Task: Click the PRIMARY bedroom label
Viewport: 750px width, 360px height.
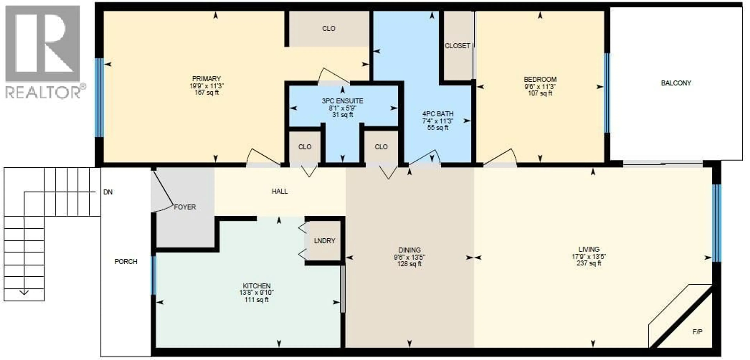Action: click(x=206, y=79)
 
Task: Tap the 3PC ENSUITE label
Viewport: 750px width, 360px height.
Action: click(x=342, y=101)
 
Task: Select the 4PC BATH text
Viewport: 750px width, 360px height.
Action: click(x=437, y=114)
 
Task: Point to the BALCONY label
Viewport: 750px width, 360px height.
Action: click(x=676, y=83)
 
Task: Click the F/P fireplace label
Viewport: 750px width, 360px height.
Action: click(x=697, y=332)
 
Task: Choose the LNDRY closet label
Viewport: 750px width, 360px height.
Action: click(x=324, y=241)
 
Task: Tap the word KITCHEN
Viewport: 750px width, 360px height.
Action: click(x=256, y=286)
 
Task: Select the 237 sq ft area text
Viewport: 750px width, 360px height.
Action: click(x=589, y=263)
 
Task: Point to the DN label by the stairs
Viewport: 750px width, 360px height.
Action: click(x=108, y=192)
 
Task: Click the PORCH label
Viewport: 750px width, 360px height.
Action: click(x=126, y=262)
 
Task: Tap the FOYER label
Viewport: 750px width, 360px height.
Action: click(x=185, y=207)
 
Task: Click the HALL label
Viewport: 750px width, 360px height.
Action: click(x=279, y=191)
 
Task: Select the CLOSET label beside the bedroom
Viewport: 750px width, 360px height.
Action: click(x=457, y=46)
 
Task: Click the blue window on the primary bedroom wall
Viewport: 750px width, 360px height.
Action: click(x=99, y=98)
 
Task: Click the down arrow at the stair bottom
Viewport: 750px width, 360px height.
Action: click(x=24, y=292)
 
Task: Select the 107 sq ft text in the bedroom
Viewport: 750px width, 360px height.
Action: click(x=540, y=93)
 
